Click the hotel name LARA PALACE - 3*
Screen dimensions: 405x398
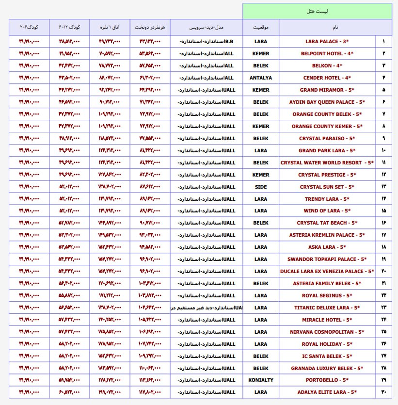click(327, 42)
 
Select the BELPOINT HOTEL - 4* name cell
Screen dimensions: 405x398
click(327, 54)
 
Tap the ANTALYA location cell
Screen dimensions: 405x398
click(260, 78)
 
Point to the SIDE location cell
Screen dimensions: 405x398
click(260, 187)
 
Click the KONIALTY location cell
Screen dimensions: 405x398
click(260, 380)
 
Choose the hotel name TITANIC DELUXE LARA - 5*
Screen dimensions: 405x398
click(327, 308)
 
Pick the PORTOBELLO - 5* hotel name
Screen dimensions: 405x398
click(327, 380)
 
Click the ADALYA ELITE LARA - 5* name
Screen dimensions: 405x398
click(327, 392)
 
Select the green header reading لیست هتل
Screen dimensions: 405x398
click(317, 11)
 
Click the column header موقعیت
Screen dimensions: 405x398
click(260, 27)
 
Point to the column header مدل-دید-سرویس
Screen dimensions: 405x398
click(206, 27)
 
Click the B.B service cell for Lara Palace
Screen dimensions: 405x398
click(207, 42)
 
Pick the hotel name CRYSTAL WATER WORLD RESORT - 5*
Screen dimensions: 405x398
click(327, 163)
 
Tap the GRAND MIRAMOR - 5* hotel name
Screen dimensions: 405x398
click(327, 90)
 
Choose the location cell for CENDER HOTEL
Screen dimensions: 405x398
click(260, 78)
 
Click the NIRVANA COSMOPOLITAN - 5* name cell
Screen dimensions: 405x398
click(327, 332)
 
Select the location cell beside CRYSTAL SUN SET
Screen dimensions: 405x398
click(260, 187)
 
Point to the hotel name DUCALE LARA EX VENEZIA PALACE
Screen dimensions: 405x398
click(327, 272)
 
